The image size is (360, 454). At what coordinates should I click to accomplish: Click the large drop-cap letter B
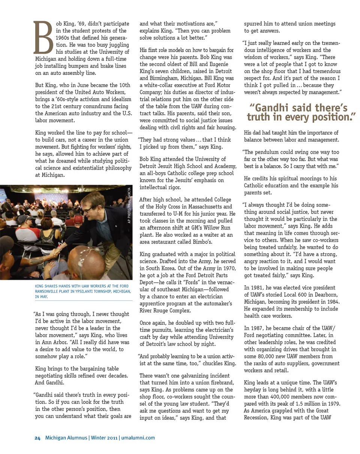click(x=44, y=37)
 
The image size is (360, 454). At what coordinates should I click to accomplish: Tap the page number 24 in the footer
click(x=37, y=438)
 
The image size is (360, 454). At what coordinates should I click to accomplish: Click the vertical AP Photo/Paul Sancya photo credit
click(x=129, y=205)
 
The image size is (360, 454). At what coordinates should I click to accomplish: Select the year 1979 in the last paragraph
click(x=333, y=404)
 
